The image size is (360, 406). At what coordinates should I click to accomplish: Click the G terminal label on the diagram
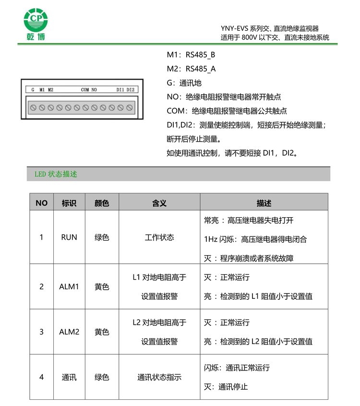click(x=33, y=90)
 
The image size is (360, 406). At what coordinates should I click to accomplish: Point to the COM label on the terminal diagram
click(x=85, y=90)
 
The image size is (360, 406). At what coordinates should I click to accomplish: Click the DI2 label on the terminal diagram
click(x=130, y=90)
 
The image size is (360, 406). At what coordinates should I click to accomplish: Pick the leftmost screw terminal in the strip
click(x=33, y=107)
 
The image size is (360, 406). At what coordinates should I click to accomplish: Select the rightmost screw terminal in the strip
click(x=129, y=107)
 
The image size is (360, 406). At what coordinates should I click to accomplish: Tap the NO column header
click(x=42, y=203)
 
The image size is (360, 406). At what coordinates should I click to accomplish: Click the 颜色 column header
click(x=102, y=203)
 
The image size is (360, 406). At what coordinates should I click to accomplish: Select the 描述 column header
click(x=264, y=203)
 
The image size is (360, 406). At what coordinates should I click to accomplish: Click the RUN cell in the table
click(x=69, y=237)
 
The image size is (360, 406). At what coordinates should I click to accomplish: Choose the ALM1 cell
click(x=69, y=286)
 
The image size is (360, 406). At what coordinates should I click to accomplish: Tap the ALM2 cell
click(x=69, y=332)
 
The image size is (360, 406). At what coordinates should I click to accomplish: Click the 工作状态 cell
click(x=159, y=237)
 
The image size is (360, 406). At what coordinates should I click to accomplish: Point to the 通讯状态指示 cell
click(x=159, y=377)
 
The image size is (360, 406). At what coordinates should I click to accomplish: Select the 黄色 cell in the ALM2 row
click(x=102, y=332)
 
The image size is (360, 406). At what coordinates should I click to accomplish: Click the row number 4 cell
click(x=41, y=377)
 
